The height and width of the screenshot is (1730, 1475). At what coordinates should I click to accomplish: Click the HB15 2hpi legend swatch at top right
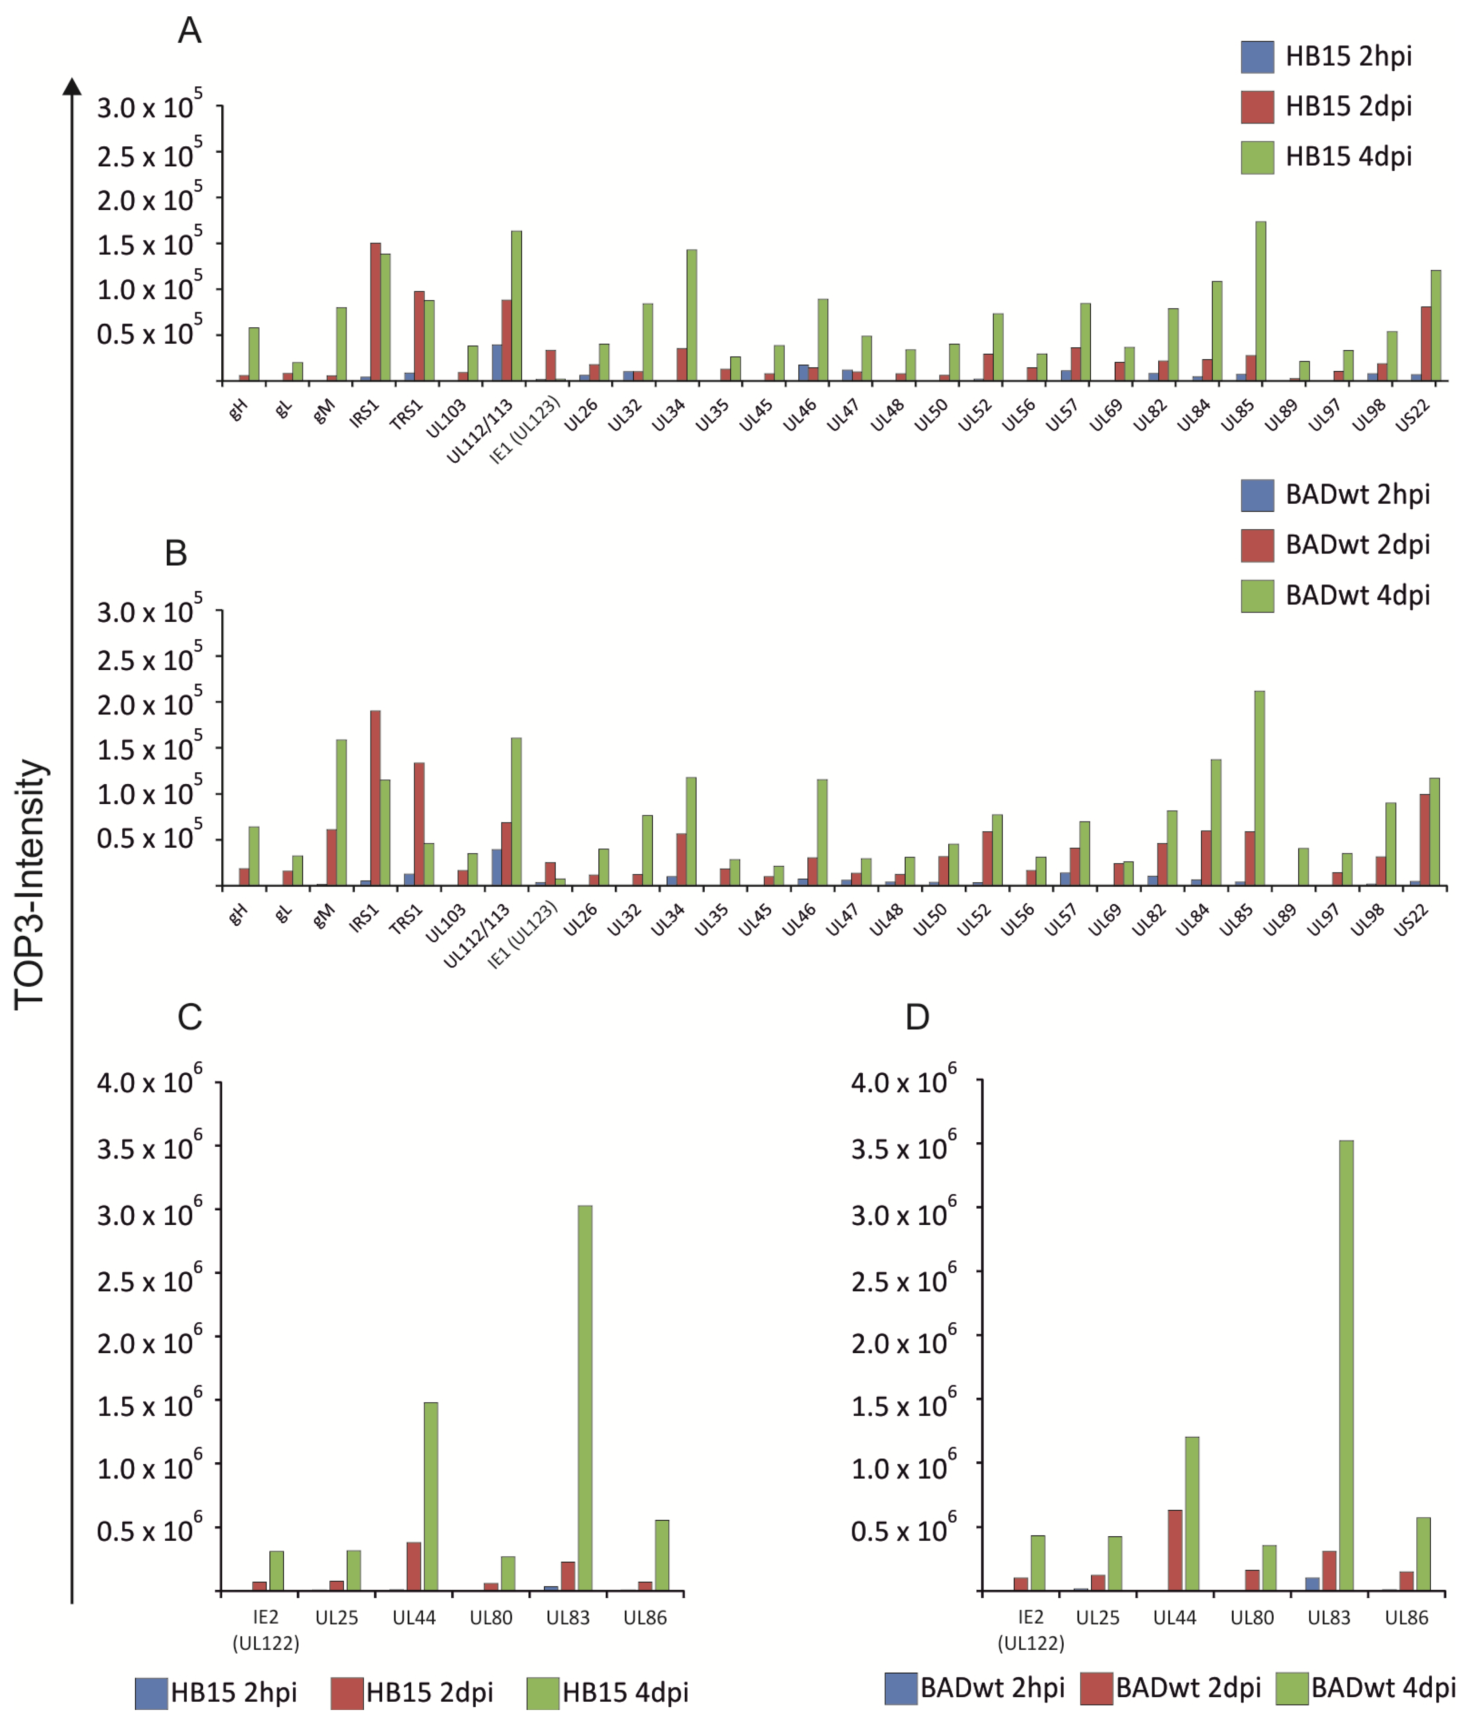pyautogui.click(x=1257, y=57)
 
